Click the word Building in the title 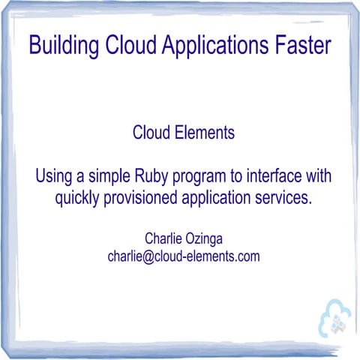62,45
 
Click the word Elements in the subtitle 202,133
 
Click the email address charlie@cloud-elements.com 183,256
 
